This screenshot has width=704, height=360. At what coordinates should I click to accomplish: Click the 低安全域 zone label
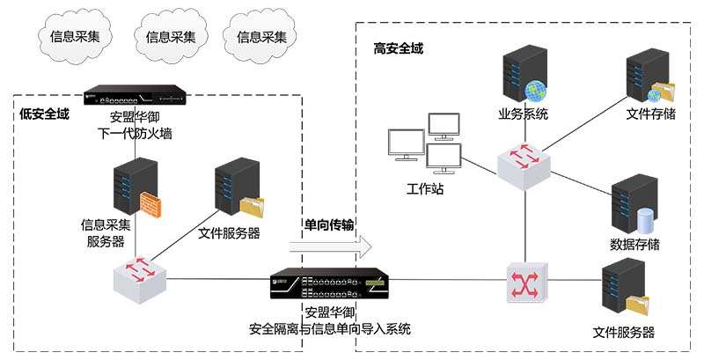pos(45,114)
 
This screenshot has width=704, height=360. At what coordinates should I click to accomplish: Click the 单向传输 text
pos(328,224)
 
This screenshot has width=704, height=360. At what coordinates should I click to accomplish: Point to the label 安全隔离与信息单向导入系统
pos(330,330)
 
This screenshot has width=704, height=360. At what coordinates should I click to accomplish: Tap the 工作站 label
pos(425,189)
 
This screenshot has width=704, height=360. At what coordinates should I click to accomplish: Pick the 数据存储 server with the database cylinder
pos(634,204)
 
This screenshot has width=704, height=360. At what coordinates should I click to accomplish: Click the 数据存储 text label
pos(634,244)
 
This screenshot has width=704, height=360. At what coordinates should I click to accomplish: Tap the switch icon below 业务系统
pos(525,161)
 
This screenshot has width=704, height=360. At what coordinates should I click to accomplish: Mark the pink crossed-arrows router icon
pos(526,283)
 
